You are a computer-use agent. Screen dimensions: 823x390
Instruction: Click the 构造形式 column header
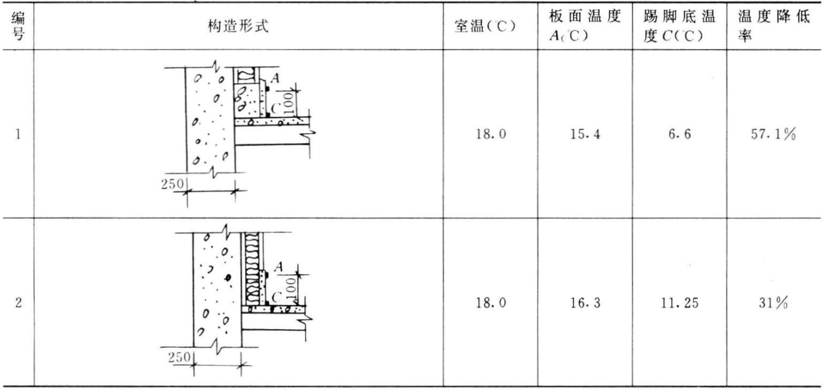[x=238, y=26]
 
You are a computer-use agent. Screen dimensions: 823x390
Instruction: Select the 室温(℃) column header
[x=485, y=26]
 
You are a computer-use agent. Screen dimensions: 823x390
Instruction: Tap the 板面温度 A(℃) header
[x=585, y=26]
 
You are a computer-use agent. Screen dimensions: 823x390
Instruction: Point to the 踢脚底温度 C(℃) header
[x=679, y=26]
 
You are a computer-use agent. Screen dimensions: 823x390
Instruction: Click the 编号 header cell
[x=18, y=26]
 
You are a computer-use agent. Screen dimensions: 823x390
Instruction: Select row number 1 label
[x=18, y=134]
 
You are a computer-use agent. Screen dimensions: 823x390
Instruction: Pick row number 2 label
[x=18, y=303]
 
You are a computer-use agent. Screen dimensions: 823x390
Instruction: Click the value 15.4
[x=585, y=134]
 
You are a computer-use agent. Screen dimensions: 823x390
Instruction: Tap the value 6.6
[x=680, y=134]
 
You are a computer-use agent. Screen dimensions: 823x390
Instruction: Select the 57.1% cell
[x=773, y=134]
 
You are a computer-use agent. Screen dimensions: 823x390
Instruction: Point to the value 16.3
[x=585, y=303]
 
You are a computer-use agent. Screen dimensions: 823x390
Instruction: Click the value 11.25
[x=680, y=303]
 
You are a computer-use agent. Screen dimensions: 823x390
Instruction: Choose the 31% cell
[x=773, y=303]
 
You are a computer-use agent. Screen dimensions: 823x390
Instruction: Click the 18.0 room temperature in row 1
[x=491, y=134]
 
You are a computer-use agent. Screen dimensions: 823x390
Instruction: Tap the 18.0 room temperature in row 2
[x=491, y=303]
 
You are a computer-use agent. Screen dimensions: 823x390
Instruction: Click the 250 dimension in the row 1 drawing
[x=173, y=184]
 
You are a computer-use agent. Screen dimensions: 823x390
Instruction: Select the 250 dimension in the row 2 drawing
[x=179, y=357]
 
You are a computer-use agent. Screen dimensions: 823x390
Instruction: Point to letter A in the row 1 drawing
[x=275, y=78]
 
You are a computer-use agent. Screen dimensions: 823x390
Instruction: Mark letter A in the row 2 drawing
[x=279, y=267]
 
